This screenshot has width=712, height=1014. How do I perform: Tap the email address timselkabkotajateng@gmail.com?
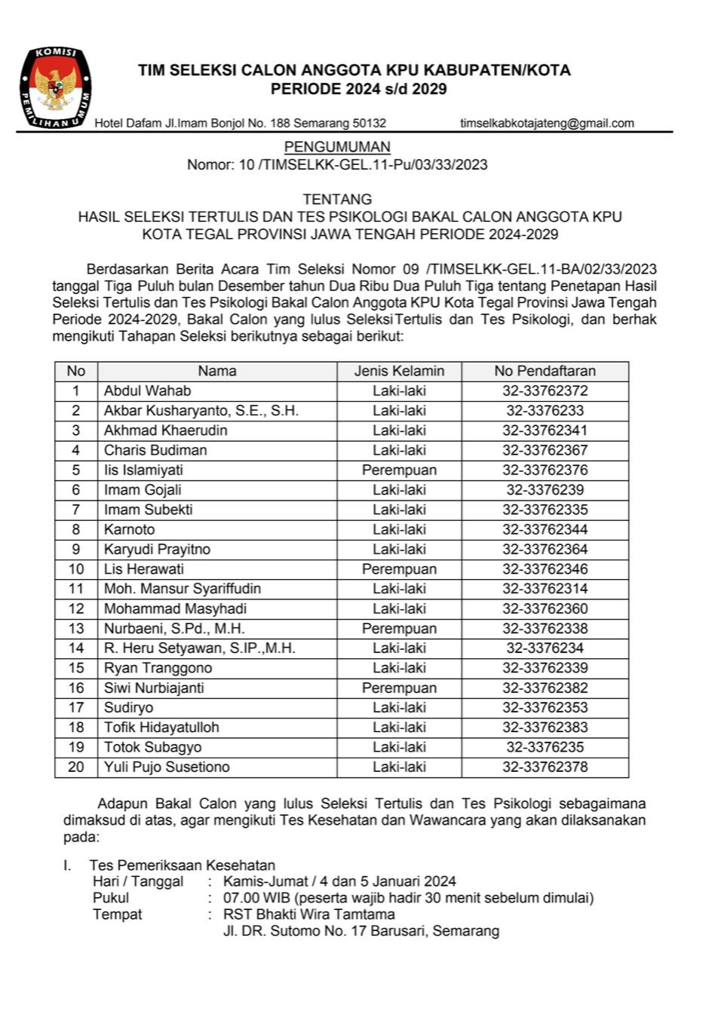pyautogui.click(x=547, y=123)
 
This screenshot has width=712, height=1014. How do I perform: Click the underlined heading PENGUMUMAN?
pyautogui.click(x=337, y=147)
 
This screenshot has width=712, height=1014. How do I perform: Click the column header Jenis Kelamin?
pyautogui.click(x=399, y=371)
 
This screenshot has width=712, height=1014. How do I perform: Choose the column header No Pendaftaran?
pyautogui.click(x=545, y=371)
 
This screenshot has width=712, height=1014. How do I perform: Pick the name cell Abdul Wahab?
pyautogui.click(x=148, y=391)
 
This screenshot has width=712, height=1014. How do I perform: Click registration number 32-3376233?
pyautogui.click(x=545, y=411)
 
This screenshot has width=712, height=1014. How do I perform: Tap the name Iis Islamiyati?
pyautogui.click(x=143, y=470)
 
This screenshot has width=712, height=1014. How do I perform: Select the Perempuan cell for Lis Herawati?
pyautogui.click(x=399, y=569)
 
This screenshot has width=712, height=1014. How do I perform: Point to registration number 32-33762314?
pyautogui.click(x=545, y=589)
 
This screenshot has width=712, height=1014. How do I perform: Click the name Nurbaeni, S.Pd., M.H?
pyautogui.click(x=174, y=628)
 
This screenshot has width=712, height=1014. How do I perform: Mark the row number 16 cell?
pyautogui.click(x=76, y=688)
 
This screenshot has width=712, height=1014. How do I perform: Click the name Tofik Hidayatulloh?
pyautogui.click(x=161, y=728)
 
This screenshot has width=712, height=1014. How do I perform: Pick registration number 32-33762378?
pyautogui.click(x=545, y=767)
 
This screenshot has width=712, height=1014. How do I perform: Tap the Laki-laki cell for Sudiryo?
pyautogui.click(x=399, y=707)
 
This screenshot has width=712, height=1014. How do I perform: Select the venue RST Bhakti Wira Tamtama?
pyautogui.click(x=308, y=914)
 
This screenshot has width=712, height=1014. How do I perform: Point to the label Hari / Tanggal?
pyautogui.click(x=138, y=881)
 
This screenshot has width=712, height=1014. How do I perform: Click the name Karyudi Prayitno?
pyautogui.click(x=157, y=549)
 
